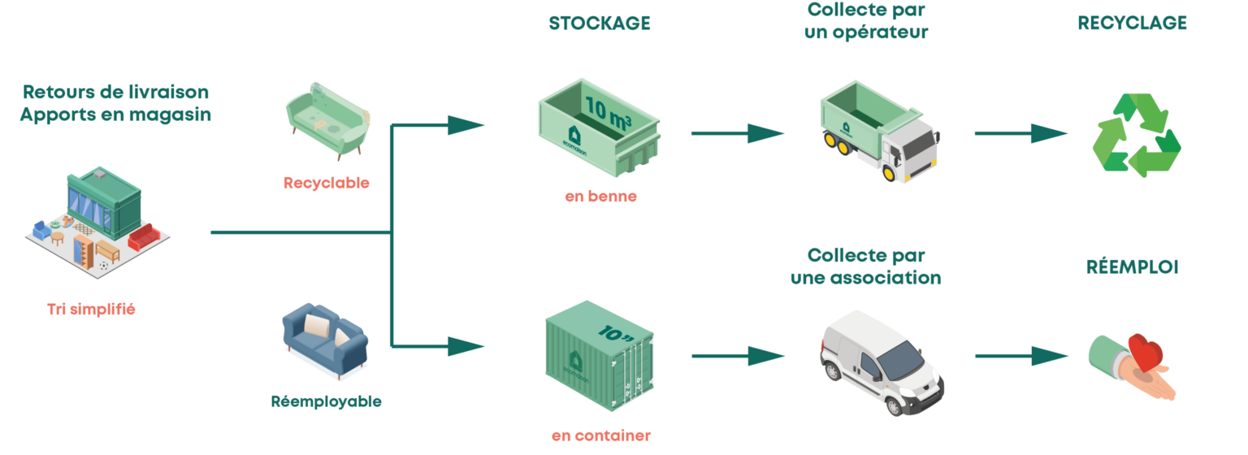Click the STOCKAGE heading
click(599, 24)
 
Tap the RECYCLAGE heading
click(1132, 24)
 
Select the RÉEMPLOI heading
click(1132, 267)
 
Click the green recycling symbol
click(1135, 136)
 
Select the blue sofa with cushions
click(324, 342)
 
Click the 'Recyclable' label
click(327, 183)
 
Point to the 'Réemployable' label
click(327, 401)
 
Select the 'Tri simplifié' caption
click(91, 309)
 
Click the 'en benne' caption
click(600, 197)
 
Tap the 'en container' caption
click(600, 436)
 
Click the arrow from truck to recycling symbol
click(1022, 133)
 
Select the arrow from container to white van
click(739, 356)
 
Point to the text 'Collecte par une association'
click(866, 266)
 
